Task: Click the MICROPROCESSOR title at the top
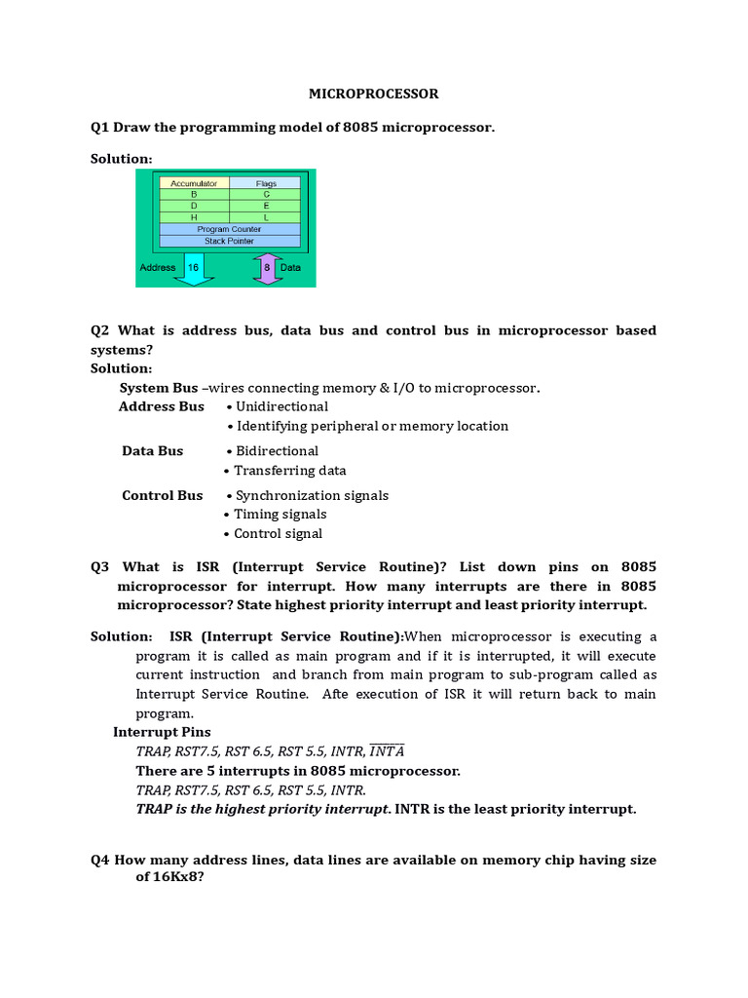tap(373, 94)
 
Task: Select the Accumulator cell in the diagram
tap(193, 182)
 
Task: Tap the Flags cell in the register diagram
tap(266, 182)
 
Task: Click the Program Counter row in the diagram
tap(229, 229)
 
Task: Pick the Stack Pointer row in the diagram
tap(229, 241)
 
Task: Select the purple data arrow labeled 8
tap(267, 268)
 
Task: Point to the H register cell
tap(193, 217)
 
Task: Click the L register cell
tap(266, 217)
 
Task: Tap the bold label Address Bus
tap(162, 406)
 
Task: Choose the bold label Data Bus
tap(152, 451)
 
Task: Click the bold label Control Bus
tap(163, 495)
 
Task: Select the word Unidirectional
tap(282, 406)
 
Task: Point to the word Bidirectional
tap(278, 451)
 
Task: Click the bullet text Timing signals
tap(280, 515)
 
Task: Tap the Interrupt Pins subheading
tap(162, 732)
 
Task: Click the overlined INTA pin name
tap(388, 751)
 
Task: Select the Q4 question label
tap(100, 861)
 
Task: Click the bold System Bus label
tap(159, 388)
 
